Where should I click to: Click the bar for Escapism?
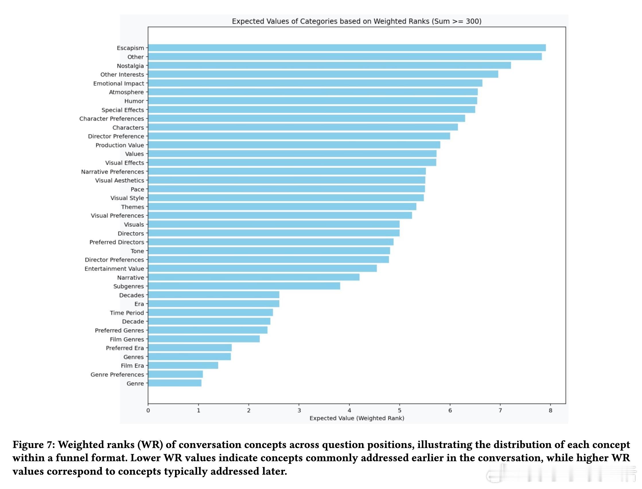347,48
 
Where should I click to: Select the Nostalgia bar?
329,65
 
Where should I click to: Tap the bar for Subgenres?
244,286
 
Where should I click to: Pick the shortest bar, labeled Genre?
174,383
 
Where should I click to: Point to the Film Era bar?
183,365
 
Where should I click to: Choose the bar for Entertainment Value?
262,268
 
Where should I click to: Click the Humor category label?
134,101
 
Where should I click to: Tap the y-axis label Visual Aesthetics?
119,181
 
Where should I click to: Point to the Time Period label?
127,313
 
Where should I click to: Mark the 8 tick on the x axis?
550,410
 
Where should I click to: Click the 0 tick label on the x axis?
148,410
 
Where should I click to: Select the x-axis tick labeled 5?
399,410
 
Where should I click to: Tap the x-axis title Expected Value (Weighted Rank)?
357,418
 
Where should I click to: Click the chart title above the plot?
356,21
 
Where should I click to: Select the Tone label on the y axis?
137,251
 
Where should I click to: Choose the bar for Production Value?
294,145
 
